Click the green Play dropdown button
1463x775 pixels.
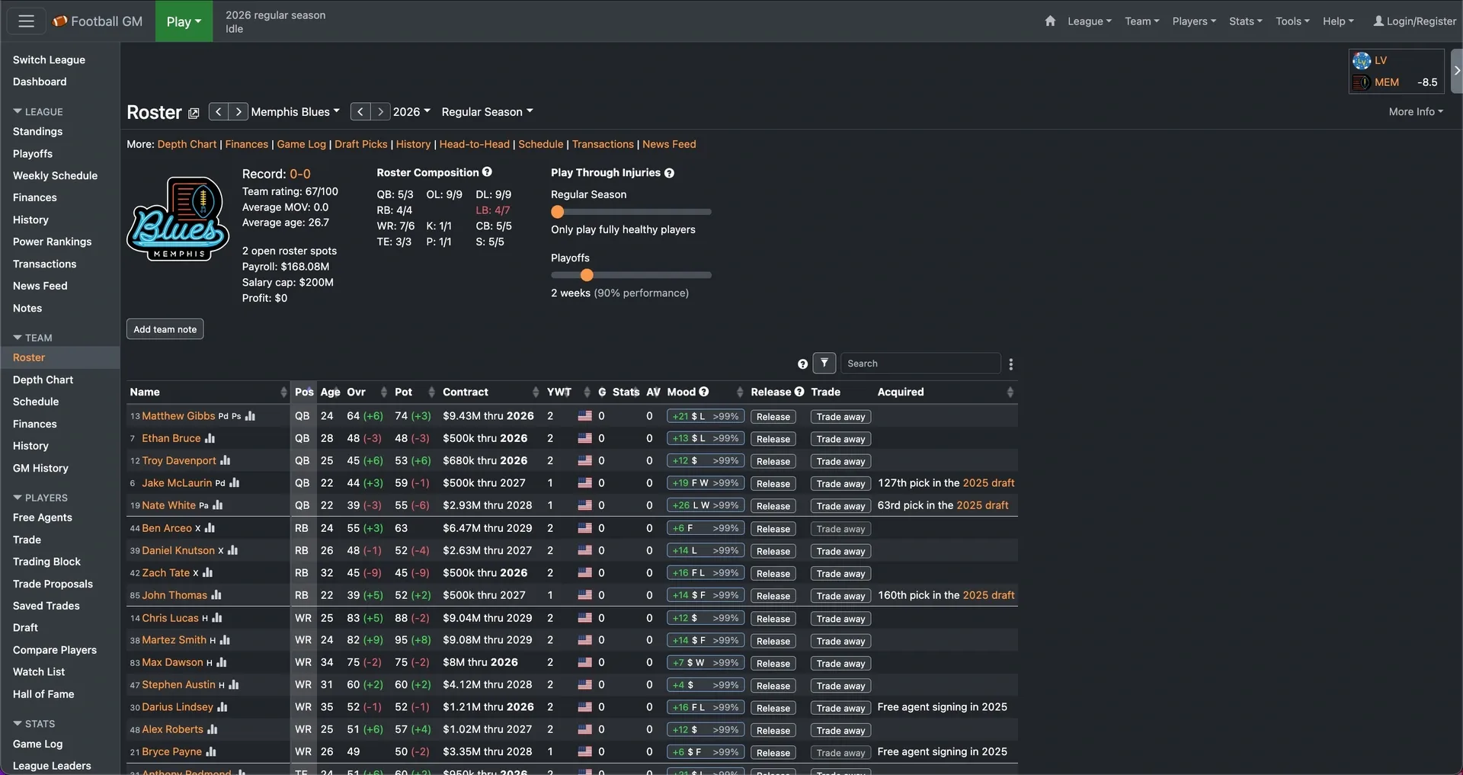(184, 21)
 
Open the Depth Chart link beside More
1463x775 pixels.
(187, 144)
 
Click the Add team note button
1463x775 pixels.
(165, 329)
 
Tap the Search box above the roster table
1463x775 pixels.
(920, 363)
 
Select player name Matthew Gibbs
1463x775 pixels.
(178, 416)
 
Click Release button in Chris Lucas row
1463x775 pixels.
(773, 619)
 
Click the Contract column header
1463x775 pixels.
(466, 392)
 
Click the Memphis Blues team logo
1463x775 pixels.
(178, 219)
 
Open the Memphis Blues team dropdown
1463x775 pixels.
(296, 112)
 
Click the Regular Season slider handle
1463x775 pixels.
(558, 212)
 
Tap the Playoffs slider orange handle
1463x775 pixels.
(586, 275)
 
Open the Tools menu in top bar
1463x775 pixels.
(1292, 21)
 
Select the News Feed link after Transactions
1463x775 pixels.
(669, 144)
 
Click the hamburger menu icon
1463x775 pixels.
(27, 21)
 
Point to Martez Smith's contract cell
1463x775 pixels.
(487, 640)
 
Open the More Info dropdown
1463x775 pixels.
(1416, 111)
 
